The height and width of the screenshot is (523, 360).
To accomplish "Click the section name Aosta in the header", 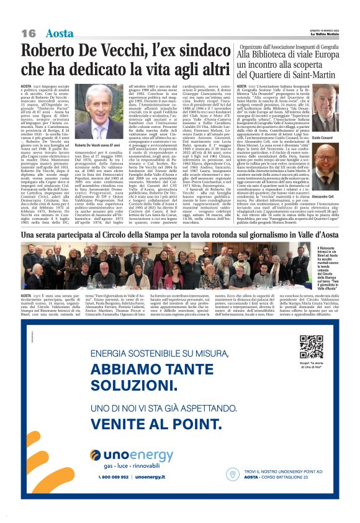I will pos(60,33).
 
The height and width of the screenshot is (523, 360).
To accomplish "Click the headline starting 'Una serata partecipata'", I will pos(180,237).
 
